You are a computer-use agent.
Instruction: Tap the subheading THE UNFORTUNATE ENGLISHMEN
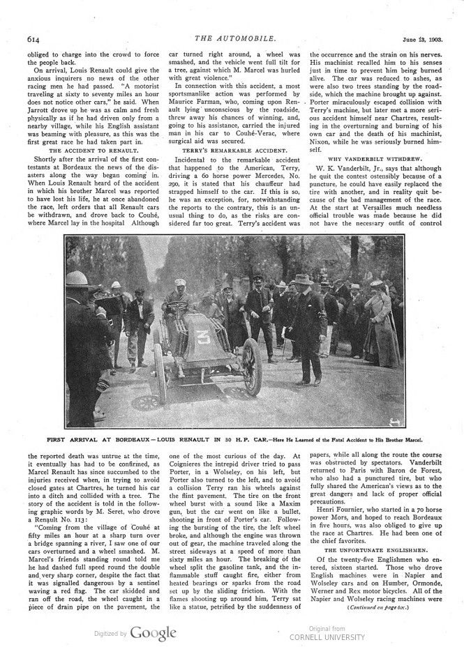(376, 549)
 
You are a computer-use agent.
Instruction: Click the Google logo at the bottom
(152, 632)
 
